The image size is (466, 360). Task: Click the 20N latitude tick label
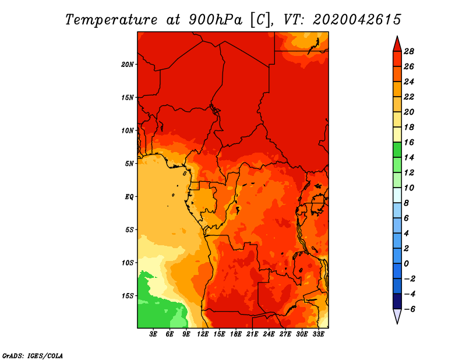point(127,65)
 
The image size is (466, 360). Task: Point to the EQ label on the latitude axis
point(129,197)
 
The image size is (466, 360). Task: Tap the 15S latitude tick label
point(127,296)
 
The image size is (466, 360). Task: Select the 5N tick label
point(129,164)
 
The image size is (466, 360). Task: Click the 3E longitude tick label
point(153,334)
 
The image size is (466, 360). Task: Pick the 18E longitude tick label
point(236,334)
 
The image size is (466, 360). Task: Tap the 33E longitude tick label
point(318,334)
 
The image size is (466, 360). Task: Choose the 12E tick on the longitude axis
point(203,334)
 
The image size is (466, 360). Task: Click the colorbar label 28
point(409,52)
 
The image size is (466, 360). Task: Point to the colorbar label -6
point(409,309)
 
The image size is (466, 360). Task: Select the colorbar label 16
point(409,143)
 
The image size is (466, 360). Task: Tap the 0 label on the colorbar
point(406,264)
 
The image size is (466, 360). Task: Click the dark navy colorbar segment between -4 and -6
point(397,301)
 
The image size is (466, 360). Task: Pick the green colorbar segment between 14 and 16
point(397,150)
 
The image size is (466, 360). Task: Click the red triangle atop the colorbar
point(397,44)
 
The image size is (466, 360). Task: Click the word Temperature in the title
point(111,20)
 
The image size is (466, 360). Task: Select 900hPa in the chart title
point(215,20)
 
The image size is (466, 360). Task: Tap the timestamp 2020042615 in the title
point(357,20)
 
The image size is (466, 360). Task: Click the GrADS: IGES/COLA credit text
point(33,356)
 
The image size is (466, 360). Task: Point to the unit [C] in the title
point(260,20)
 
